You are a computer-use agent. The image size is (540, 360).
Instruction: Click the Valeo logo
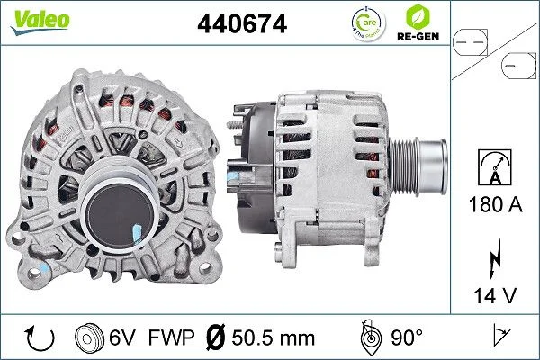[x=40, y=21]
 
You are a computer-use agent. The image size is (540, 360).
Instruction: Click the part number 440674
[x=241, y=24]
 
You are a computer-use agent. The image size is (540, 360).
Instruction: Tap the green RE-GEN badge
[x=417, y=24]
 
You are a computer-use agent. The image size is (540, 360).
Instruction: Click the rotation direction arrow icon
[x=38, y=337]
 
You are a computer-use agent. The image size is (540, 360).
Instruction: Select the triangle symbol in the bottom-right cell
[x=497, y=337]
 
